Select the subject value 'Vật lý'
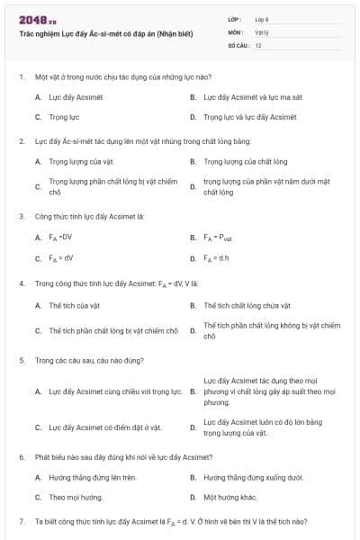[261, 31]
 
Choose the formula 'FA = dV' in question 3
[60, 258]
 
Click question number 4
[21, 283]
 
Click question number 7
[21, 521]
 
